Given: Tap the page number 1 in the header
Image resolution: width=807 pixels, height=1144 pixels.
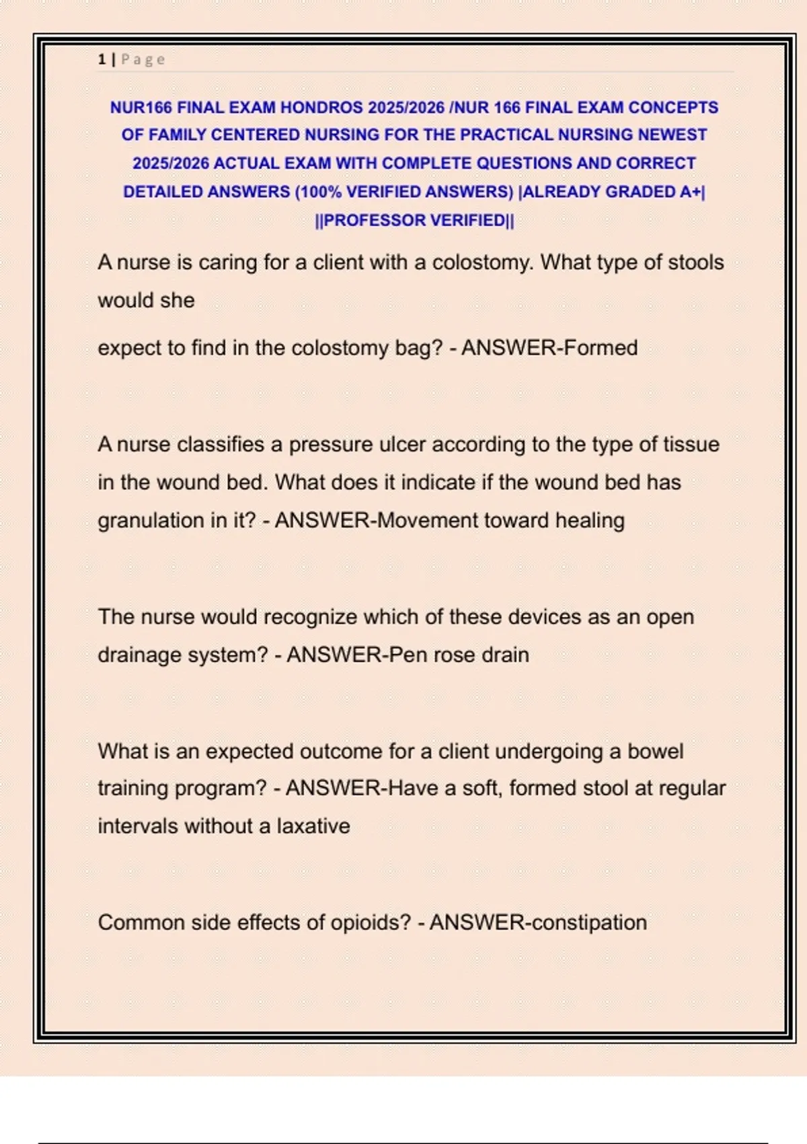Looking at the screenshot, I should (x=102, y=60).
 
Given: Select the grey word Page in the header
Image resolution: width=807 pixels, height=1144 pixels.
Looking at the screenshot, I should (x=143, y=60).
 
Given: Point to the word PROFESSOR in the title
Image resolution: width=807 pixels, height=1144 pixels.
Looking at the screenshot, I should (x=374, y=221).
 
